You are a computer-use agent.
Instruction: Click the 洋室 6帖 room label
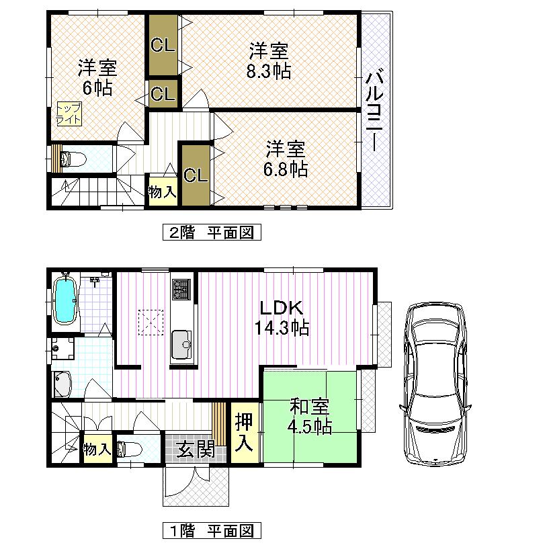coord(97,77)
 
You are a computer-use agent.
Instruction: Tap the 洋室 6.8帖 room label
coord(286,159)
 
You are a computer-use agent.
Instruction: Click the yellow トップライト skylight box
coord(69,114)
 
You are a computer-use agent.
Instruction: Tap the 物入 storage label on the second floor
coord(162,192)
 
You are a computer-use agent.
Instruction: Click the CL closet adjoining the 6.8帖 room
coord(195,175)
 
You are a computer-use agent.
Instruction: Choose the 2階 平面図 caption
coord(211,233)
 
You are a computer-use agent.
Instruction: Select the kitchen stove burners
coord(181,290)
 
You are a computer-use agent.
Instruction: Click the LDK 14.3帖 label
coord(282,318)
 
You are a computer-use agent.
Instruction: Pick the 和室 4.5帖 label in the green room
coord(309,417)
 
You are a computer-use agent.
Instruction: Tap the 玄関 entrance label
coord(196,449)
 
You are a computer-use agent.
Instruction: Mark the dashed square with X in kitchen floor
coord(151,321)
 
